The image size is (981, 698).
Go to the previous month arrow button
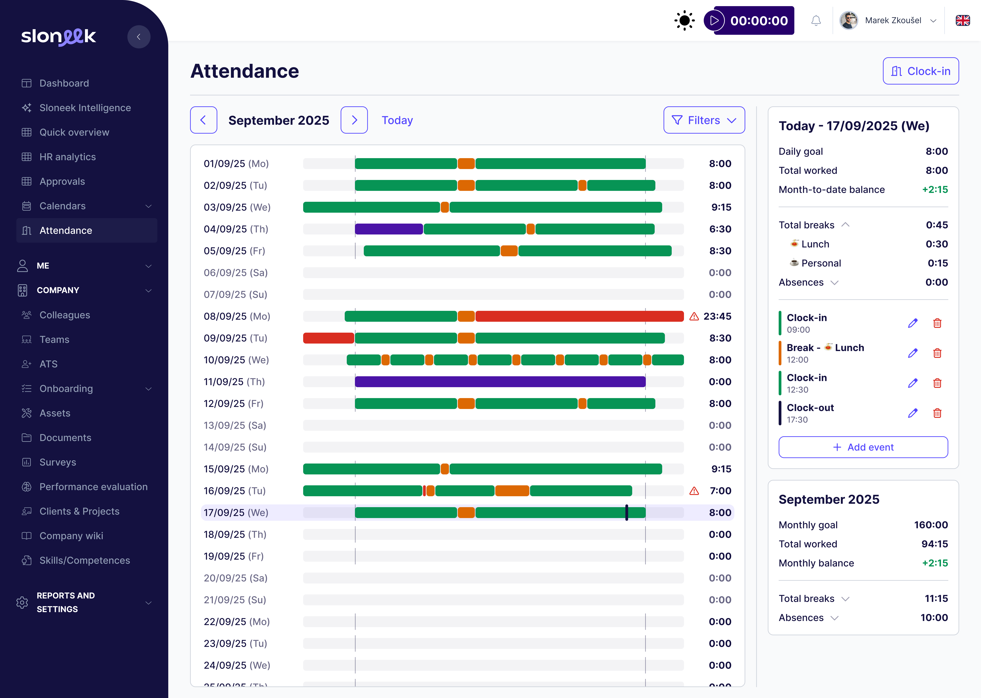[203, 120]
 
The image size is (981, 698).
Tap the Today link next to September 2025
[397, 120]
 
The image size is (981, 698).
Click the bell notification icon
[816, 21]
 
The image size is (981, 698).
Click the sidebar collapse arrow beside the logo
[139, 37]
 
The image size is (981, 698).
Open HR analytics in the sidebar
[67, 157]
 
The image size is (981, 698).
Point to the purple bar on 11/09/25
[500, 382]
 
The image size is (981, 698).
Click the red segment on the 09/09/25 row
[328, 338]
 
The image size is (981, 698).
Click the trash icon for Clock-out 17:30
[937, 413]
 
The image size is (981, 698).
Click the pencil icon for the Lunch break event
[912, 353]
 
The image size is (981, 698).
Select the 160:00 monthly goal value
[930, 525]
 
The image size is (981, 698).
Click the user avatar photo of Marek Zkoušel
[848, 21]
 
